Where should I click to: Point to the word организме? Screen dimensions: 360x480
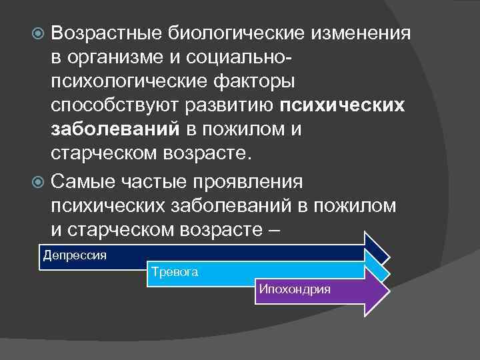point(117,57)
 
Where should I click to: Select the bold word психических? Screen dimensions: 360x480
point(342,106)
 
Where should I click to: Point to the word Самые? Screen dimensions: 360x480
point(81,181)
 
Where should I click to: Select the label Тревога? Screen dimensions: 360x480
point(175,273)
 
